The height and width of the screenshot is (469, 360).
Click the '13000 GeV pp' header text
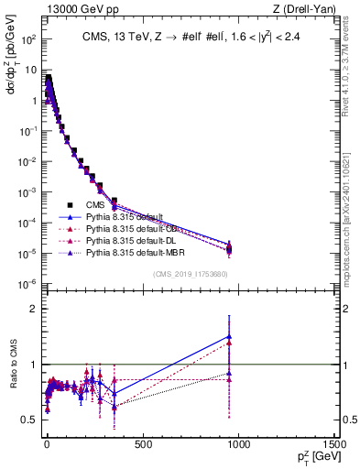[x=72, y=9]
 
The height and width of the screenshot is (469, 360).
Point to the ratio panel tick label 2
[x=31, y=309]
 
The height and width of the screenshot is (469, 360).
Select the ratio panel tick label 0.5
[x=27, y=420]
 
